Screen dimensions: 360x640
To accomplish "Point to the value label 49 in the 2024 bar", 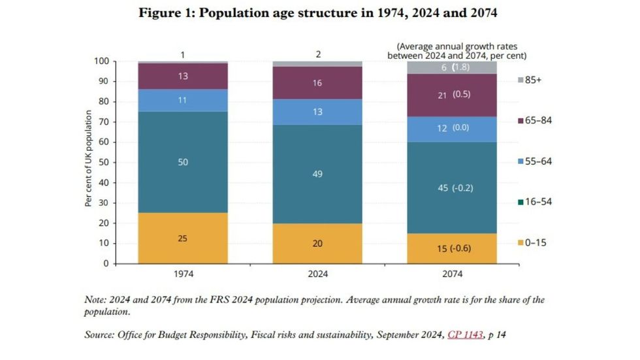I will click(x=318, y=174).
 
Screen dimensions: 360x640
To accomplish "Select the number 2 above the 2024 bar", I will click(x=318, y=55).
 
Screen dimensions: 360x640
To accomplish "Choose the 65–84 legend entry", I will click(x=534, y=120).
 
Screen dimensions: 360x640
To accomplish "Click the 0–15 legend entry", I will click(x=534, y=242).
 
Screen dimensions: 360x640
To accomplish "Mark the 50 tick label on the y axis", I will click(x=103, y=163).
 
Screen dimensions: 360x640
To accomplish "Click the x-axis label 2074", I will click(x=453, y=274).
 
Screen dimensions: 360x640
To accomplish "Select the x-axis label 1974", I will click(x=182, y=274).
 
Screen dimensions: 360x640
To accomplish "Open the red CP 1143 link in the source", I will click(x=464, y=335).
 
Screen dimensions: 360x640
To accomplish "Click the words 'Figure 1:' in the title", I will click(x=166, y=13).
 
